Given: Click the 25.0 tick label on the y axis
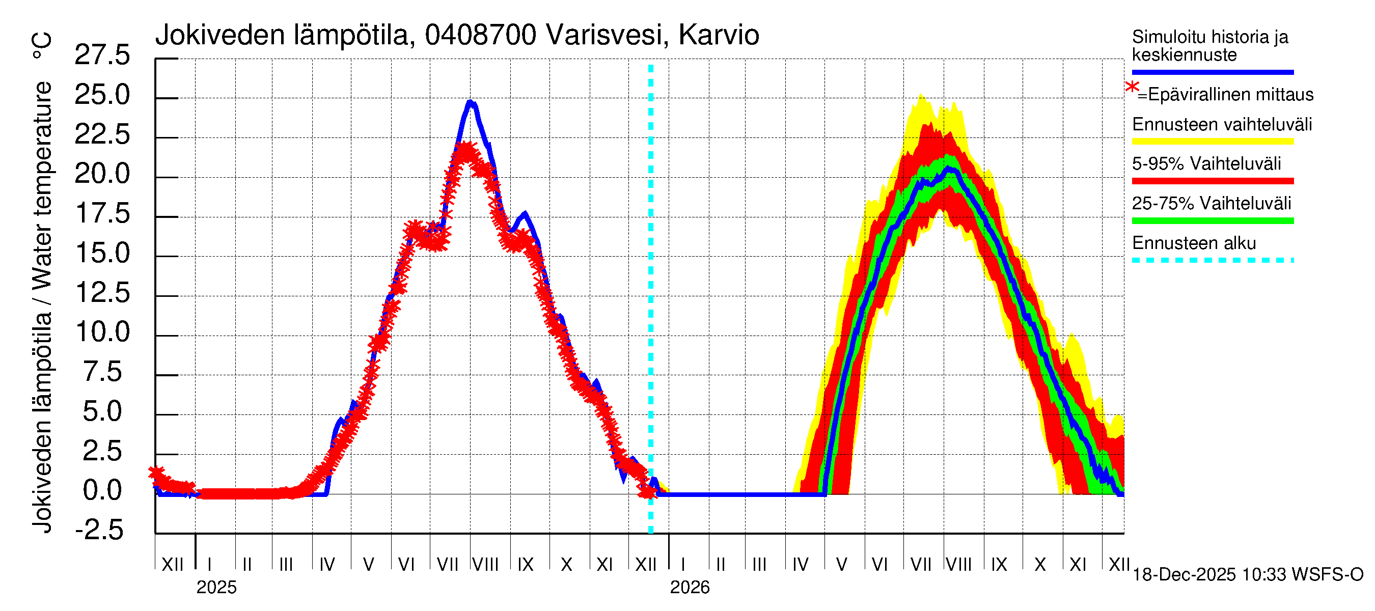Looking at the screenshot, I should click(x=102, y=95).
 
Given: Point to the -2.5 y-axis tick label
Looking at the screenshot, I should click(x=99, y=530).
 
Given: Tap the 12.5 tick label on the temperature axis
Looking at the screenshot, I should click(x=102, y=293).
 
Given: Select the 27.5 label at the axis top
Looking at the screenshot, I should click(x=102, y=55).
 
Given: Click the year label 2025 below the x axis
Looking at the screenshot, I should click(x=216, y=588).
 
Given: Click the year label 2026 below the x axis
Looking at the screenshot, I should click(x=690, y=588).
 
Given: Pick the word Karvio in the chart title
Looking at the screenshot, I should click(x=719, y=35).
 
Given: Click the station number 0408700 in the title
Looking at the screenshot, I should click(x=480, y=35).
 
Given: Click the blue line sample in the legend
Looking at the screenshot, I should click(x=1212, y=72).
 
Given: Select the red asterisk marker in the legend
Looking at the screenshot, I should click(x=1132, y=88).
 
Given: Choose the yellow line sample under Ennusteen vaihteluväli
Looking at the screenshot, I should click(x=1212, y=142).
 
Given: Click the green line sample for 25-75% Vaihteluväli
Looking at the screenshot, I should click(x=1212, y=220).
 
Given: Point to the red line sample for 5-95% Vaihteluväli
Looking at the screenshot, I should click(x=1212, y=181).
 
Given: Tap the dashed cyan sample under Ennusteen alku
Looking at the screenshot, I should click(x=1212, y=260).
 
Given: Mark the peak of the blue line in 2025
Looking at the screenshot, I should click(x=470, y=101).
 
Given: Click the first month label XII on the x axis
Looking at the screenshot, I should click(x=172, y=564).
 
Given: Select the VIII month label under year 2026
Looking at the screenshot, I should click(x=958, y=564).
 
